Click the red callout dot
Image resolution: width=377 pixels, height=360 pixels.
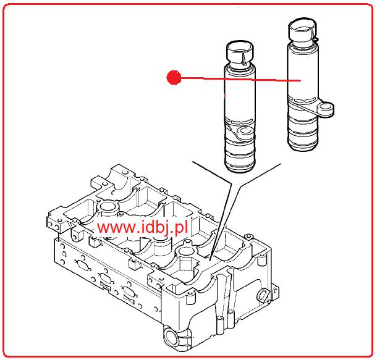point(174,77)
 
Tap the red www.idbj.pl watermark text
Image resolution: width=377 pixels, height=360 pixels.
point(142,227)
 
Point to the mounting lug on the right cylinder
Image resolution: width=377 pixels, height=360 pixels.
point(325,109)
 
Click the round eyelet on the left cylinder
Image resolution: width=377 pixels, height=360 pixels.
point(245,133)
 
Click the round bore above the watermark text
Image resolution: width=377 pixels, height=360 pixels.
point(108,206)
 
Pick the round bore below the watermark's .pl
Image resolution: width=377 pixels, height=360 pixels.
point(185,251)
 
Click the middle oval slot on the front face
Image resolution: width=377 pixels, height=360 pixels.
point(105,278)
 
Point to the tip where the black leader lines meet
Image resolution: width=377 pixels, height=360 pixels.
point(210,261)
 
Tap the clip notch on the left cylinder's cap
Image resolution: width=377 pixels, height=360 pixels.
point(244,59)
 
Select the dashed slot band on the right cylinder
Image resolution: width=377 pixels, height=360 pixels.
point(302,99)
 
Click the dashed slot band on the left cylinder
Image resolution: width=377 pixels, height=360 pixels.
point(239,122)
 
